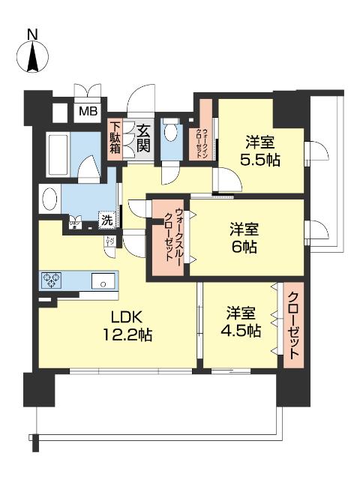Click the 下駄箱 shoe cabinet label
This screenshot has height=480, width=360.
115,138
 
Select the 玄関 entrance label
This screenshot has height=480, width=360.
142,138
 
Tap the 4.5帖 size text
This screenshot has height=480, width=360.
241,331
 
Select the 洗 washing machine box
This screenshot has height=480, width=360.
107,221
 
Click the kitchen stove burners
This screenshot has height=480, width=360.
52,281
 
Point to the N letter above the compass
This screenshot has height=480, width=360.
32,34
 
